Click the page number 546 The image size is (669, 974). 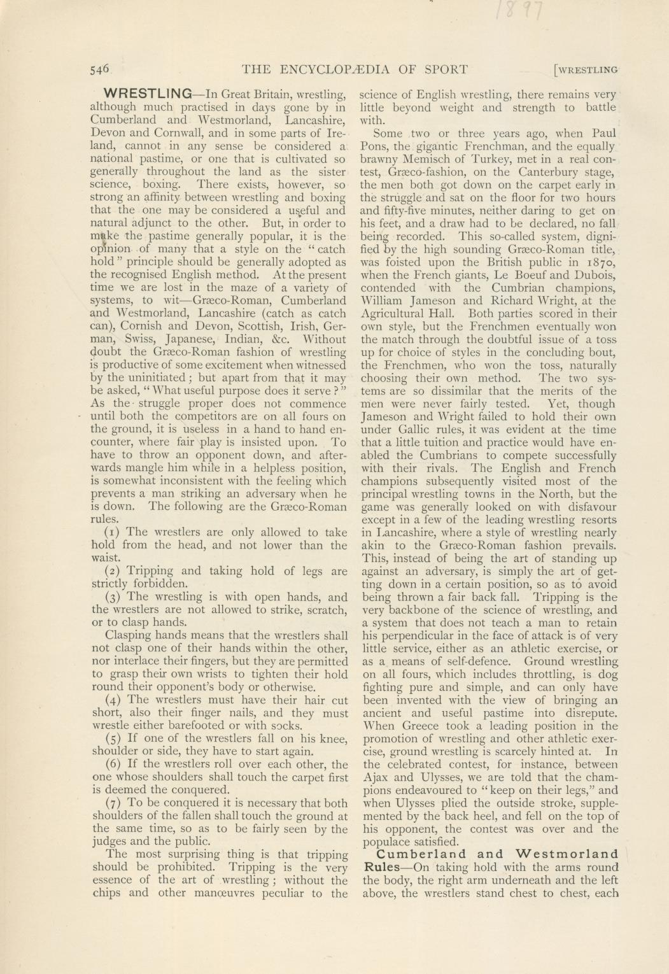100,69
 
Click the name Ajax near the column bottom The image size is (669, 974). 376,777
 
